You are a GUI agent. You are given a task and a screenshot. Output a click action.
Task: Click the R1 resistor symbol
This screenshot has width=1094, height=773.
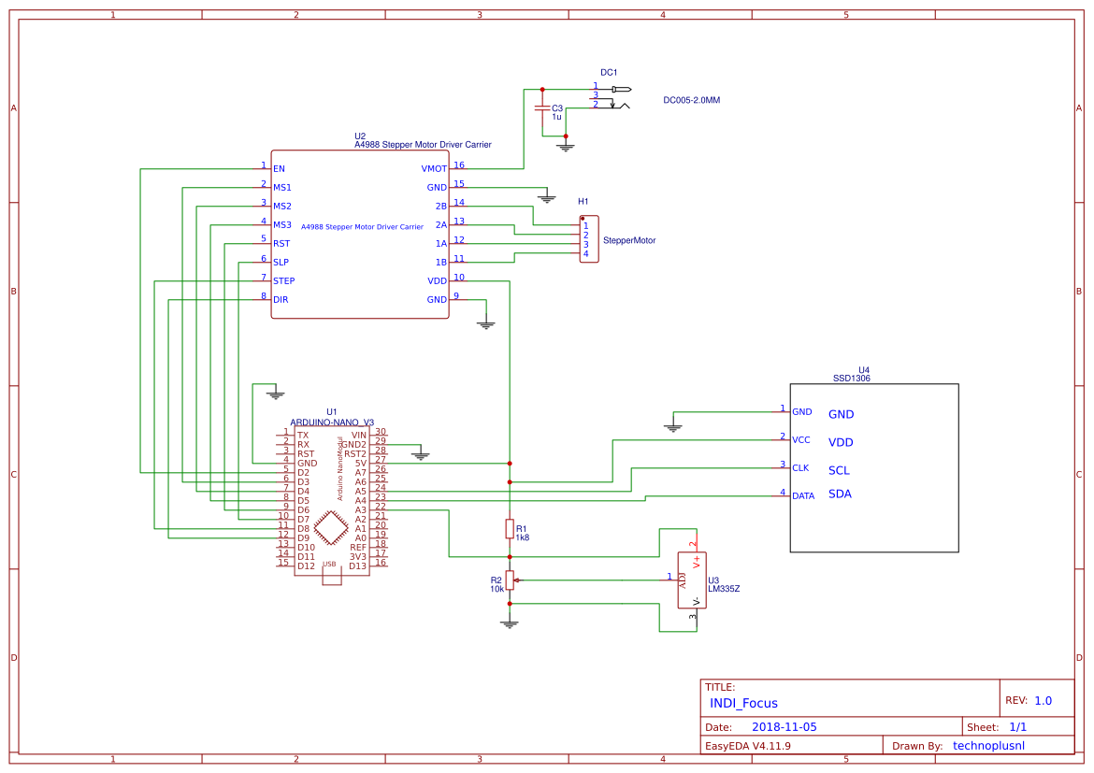(x=509, y=529)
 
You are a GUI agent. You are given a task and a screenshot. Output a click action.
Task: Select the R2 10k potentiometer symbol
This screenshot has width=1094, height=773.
(x=510, y=580)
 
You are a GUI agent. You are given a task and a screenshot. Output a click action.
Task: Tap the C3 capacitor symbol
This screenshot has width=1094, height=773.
(x=541, y=108)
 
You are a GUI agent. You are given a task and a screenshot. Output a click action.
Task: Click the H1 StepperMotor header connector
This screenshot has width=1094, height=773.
(x=588, y=239)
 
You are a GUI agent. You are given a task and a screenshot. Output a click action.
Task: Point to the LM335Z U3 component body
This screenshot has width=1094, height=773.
(x=692, y=580)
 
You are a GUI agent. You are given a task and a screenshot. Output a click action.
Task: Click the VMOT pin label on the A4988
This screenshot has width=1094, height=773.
(x=434, y=169)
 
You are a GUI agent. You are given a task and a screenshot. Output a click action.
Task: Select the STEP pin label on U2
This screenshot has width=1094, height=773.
(x=283, y=281)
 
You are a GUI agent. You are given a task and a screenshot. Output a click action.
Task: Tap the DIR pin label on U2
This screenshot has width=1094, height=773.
(x=281, y=300)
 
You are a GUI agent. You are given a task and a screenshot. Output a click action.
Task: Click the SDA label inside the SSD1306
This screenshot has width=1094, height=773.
(x=840, y=494)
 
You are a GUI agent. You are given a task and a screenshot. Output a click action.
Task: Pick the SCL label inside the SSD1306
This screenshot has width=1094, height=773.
(x=840, y=470)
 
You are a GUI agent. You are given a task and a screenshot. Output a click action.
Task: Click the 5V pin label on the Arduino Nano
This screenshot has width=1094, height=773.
(x=360, y=464)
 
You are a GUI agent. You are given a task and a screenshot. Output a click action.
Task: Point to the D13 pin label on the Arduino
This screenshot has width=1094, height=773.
(x=357, y=566)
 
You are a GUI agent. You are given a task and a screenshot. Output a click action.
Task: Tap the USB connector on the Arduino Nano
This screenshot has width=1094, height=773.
(x=331, y=575)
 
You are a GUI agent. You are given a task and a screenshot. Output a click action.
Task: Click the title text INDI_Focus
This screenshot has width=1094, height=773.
(x=743, y=703)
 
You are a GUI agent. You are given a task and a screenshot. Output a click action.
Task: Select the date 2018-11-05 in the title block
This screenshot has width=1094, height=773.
(x=784, y=726)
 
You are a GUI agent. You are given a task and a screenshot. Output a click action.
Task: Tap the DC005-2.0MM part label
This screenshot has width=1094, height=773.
(x=691, y=100)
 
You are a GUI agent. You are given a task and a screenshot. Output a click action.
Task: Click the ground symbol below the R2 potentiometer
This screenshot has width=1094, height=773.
(x=509, y=623)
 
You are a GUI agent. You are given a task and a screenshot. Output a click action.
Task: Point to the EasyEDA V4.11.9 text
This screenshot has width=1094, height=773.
(x=747, y=746)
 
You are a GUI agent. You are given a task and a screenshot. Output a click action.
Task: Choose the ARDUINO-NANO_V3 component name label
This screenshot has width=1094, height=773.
(x=332, y=422)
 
